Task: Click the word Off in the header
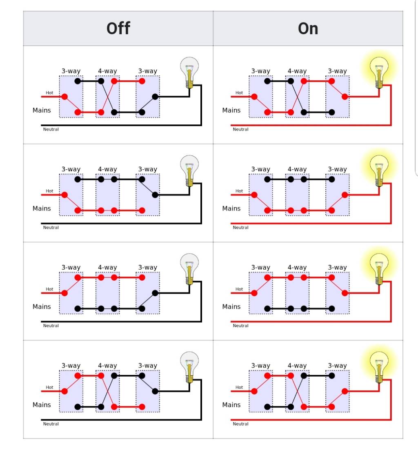click(x=118, y=28)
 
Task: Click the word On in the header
click(x=308, y=29)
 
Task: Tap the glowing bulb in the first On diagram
click(x=379, y=72)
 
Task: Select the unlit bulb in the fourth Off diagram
click(x=189, y=367)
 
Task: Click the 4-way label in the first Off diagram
click(x=107, y=71)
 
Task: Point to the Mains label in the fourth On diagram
click(x=231, y=405)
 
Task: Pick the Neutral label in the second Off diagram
click(x=51, y=228)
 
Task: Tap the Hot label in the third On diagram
click(x=239, y=289)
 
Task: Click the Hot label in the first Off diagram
click(x=49, y=93)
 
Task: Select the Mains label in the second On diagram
click(x=231, y=208)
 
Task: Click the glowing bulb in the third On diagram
click(x=379, y=269)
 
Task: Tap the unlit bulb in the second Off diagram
click(x=189, y=171)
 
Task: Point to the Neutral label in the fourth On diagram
click(x=240, y=424)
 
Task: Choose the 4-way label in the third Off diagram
click(x=107, y=268)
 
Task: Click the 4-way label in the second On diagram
click(x=297, y=169)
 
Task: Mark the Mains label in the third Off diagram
click(x=42, y=306)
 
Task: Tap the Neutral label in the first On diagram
click(x=240, y=129)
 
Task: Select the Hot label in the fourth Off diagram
click(x=49, y=387)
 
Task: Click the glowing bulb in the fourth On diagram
click(x=379, y=367)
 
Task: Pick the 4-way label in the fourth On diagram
click(x=297, y=366)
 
